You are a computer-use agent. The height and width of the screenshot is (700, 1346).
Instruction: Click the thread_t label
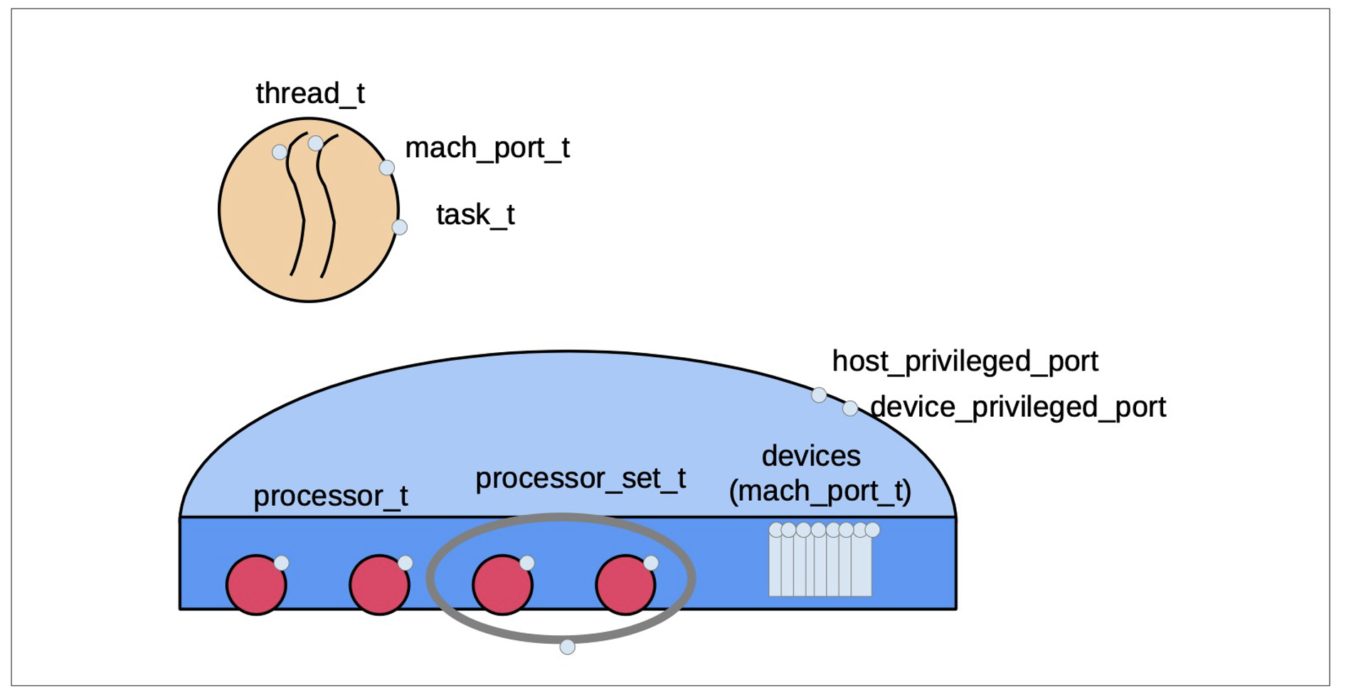coord(310,93)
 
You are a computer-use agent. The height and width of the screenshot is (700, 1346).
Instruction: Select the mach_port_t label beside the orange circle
coord(487,148)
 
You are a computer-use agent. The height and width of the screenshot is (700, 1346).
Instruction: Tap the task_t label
coord(475,215)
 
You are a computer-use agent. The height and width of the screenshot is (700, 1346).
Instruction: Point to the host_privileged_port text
coord(965,361)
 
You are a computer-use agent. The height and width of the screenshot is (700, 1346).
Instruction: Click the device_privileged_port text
coord(1018,407)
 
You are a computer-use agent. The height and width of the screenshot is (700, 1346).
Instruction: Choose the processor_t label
coord(331,496)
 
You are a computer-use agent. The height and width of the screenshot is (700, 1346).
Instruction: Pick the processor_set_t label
coord(581,478)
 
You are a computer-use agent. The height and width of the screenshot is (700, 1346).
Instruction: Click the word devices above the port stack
coord(811,456)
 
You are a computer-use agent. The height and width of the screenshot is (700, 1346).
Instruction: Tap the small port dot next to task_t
coord(400,227)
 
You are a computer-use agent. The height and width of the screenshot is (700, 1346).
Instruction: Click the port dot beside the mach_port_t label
coord(387,168)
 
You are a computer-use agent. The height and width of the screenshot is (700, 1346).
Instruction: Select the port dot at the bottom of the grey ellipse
coord(567,647)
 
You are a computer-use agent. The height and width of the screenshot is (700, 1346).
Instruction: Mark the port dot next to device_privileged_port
coord(850,408)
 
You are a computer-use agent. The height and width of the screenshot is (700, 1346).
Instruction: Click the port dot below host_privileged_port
coord(819,395)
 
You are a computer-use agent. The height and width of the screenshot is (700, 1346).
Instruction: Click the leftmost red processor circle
coord(256,585)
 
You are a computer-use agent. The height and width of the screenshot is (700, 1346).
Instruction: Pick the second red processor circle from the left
coord(379,585)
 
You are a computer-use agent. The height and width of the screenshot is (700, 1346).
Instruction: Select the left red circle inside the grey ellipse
coord(502,585)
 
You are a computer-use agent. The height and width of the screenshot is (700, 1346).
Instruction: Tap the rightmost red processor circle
coord(625,585)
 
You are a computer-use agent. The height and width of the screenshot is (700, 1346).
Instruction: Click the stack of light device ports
coord(820,566)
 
